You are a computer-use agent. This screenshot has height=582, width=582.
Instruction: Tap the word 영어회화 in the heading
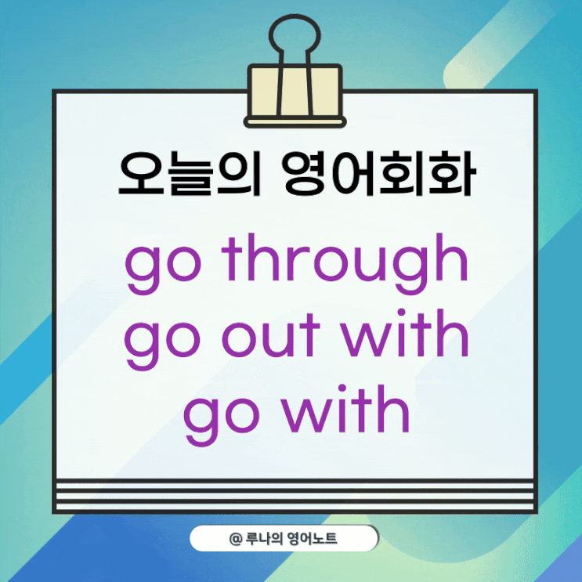(377, 175)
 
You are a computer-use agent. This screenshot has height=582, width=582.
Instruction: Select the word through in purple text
(344, 263)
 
